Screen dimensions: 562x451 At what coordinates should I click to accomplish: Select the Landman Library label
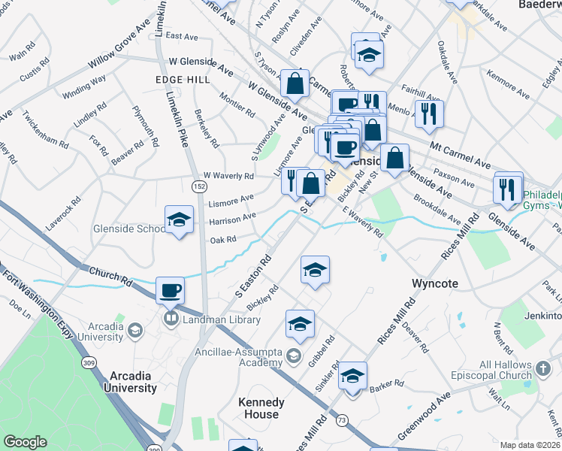point(214,319)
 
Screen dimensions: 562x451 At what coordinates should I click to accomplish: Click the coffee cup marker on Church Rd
point(170,290)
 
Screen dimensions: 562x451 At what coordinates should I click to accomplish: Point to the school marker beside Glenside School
point(179,219)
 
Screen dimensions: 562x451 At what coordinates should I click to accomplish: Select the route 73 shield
point(342,420)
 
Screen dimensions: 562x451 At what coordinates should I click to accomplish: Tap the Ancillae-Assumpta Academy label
point(232,356)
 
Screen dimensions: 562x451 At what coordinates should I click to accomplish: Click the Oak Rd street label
point(223,240)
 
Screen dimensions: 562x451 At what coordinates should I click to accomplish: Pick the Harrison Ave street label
point(233,218)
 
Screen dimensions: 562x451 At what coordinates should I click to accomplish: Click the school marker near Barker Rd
point(352,375)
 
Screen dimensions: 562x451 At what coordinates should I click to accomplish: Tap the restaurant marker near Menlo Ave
point(428,114)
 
